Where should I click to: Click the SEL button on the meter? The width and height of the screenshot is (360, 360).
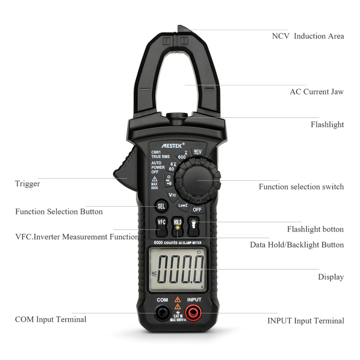tap(161, 206)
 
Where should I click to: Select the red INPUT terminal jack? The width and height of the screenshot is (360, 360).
tap(194, 311)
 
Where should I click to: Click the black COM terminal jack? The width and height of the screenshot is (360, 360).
tap(162, 311)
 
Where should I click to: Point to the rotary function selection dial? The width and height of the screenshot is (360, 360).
tap(198, 180)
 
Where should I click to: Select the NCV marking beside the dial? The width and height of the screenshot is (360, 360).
tap(197, 152)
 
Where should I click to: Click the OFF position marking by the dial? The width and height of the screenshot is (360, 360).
tap(197, 210)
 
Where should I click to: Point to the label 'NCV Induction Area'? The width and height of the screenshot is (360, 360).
tap(308, 36)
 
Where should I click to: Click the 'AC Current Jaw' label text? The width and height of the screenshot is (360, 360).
tap(316, 92)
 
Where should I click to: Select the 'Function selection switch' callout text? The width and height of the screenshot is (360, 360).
tap(301, 187)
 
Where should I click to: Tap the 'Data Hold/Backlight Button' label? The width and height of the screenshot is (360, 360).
tap(297, 245)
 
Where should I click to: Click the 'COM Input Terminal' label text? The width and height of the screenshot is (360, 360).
tap(50, 319)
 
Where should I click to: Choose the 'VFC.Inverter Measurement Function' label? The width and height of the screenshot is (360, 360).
tap(77, 237)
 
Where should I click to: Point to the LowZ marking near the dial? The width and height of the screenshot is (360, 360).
tap(182, 205)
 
